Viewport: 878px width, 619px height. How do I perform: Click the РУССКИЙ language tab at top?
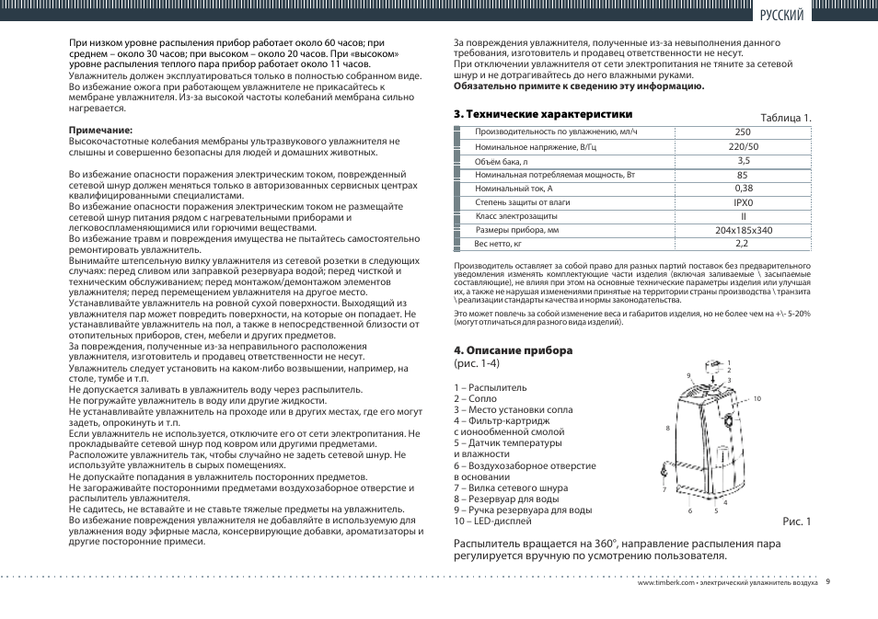(x=782, y=15)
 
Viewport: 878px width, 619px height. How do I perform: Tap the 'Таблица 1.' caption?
(x=785, y=118)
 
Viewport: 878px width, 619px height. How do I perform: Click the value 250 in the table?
(x=743, y=132)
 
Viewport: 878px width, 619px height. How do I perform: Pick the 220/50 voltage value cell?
(x=743, y=146)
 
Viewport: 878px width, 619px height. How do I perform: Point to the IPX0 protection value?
(x=743, y=202)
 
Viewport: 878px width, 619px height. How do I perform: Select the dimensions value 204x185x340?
(x=743, y=230)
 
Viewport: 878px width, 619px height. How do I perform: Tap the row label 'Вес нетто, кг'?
(x=498, y=244)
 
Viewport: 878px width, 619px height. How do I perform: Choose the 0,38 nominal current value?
(x=743, y=189)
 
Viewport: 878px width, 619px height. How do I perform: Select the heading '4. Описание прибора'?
(x=513, y=350)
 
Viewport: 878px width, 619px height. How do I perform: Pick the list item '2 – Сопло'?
(x=475, y=399)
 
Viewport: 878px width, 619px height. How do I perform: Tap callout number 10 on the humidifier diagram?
(x=757, y=398)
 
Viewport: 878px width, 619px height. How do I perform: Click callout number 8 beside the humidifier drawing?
(x=666, y=429)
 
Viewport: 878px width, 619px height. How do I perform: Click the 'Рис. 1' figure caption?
(x=796, y=522)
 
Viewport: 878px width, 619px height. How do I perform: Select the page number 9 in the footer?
(x=828, y=581)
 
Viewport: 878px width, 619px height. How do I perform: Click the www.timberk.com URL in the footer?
(x=666, y=583)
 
